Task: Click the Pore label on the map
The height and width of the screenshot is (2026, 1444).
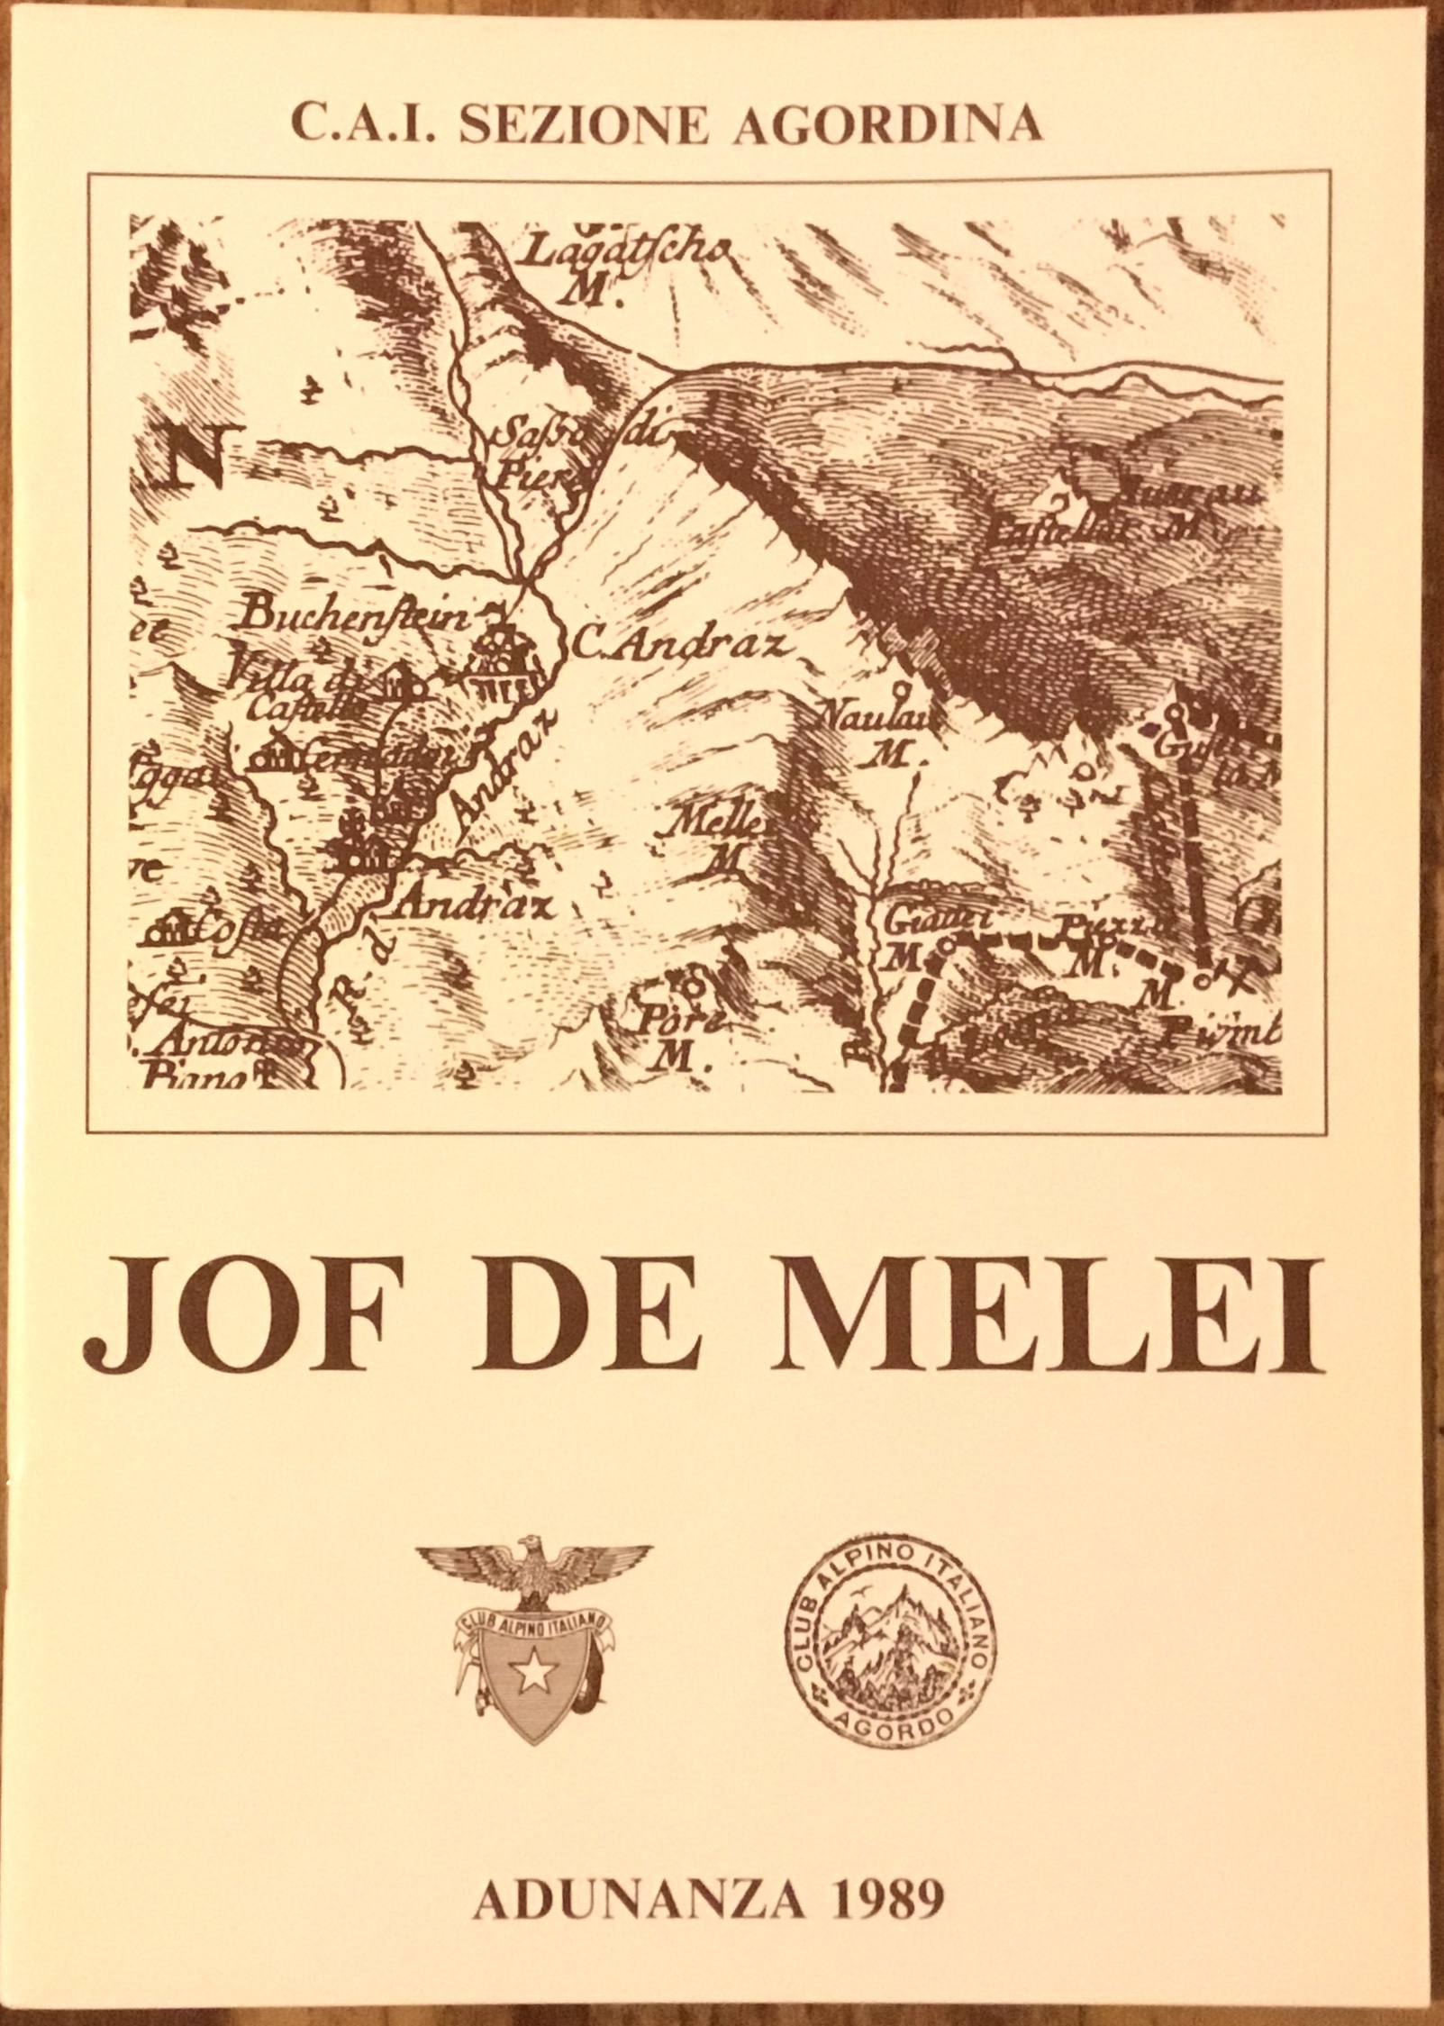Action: (x=671, y=1025)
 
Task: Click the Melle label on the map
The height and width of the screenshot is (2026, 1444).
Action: (x=716, y=822)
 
